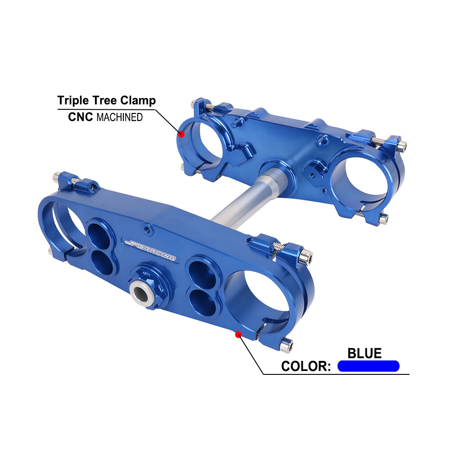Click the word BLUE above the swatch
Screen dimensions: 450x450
(x=364, y=353)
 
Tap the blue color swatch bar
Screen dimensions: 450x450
(x=368, y=366)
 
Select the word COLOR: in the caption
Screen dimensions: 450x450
(x=306, y=366)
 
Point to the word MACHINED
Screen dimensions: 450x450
(x=120, y=117)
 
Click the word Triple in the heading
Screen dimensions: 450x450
(x=72, y=100)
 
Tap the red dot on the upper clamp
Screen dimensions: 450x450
(x=182, y=134)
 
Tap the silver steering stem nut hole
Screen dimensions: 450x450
(x=141, y=293)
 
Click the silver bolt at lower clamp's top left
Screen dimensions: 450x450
(x=57, y=176)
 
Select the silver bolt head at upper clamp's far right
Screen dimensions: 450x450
(x=403, y=145)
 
